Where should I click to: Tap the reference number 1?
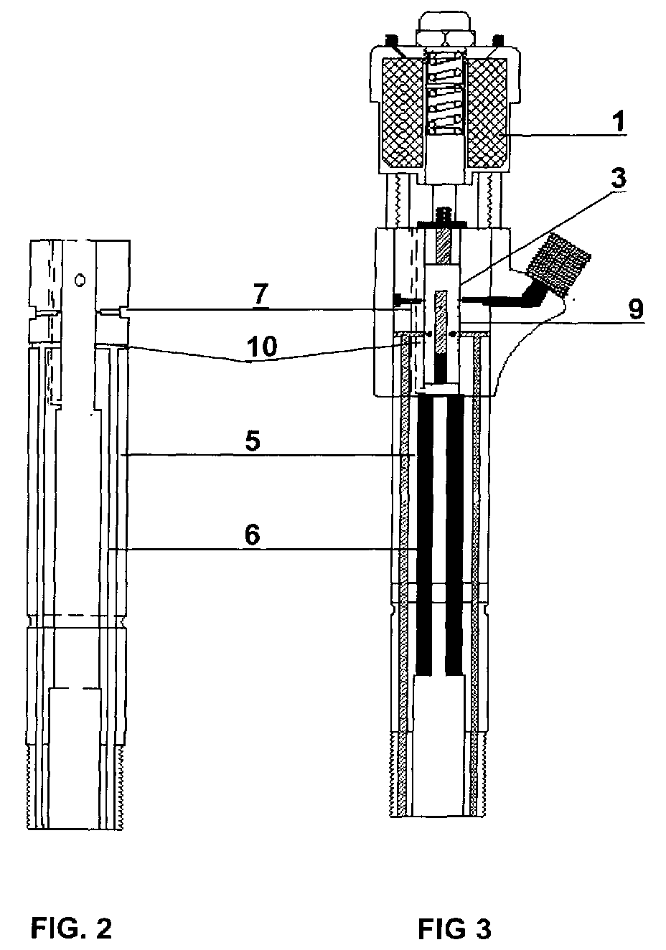coord(620,121)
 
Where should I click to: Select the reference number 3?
coord(618,177)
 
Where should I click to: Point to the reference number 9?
coord(635,309)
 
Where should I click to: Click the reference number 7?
coord(261,294)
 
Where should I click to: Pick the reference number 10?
coord(263,346)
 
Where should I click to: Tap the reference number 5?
coord(253,441)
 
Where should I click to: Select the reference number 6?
coord(253,535)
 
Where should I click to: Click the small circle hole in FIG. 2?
coord(80,280)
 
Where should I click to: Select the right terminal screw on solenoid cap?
coord(498,40)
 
